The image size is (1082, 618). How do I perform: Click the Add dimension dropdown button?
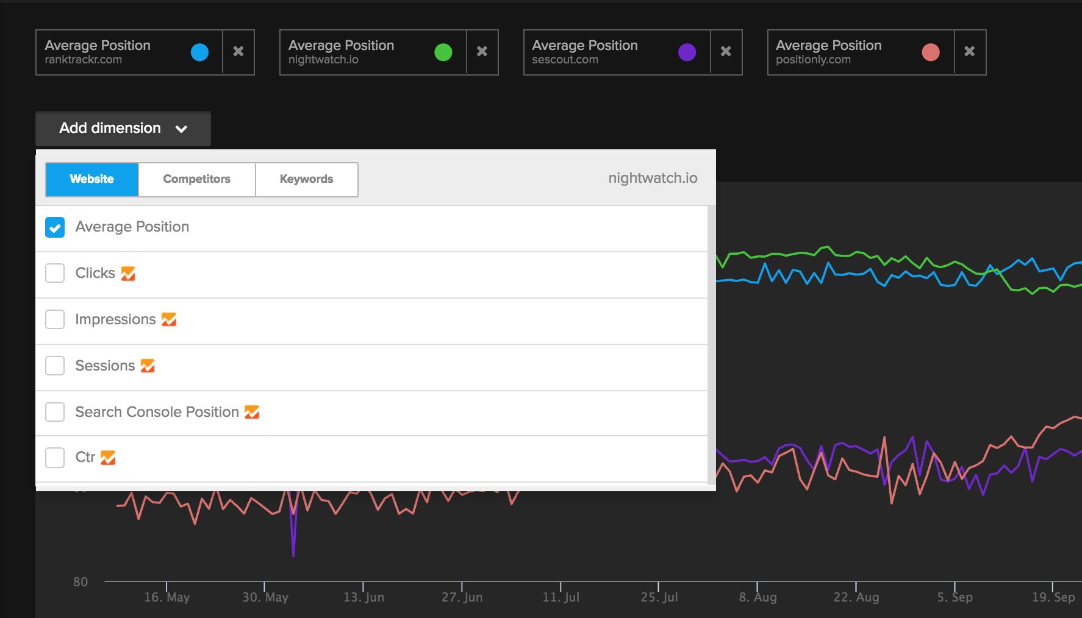pyautogui.click(x=123, y=129)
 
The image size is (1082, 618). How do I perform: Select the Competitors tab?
pyautogui.click(x=196, y=179)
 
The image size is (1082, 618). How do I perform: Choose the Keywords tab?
pyautogui.click(x=306, y=179)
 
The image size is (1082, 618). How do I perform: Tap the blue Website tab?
pyautogui.click(x=92, y=179)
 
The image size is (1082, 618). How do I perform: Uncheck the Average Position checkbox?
pyautogui.click(x=55, y=227)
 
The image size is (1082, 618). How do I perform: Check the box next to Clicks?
pyautogui.click(x=55, y=273)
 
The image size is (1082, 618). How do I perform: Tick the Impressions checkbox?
pyautogui.click(x=55, y=319)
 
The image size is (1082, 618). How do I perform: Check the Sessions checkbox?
pyautogui.click(x=55, y=366)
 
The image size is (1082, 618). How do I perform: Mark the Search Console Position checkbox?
pyautogui.click(x=55, y=412)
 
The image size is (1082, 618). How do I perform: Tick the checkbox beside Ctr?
pyautogui.click(x=55, y=457)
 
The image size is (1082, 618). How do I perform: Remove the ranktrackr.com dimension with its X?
pyautogui.click(x=238, y=52)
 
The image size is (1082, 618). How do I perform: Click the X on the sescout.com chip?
pyautogui.click(x=726, y=52)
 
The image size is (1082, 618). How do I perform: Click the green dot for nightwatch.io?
pyautogui.click(x=443, y=52)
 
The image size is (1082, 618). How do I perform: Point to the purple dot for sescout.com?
pyautogui.click(x=687, y=52)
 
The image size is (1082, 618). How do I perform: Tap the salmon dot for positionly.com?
pyautogui.click(x=931, y=52)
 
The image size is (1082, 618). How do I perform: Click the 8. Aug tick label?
pyautogui.click(x=758, y=597)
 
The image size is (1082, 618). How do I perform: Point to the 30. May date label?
pyautogui.click(x=265, y=597)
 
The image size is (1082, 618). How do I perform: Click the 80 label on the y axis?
pyautogui.click(x=81, y=582)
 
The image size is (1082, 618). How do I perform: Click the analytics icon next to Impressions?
pyautogui.click(x=169, y=319)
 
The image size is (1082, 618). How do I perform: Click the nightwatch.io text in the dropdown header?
pyautogui.click(x=653, y=178)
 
